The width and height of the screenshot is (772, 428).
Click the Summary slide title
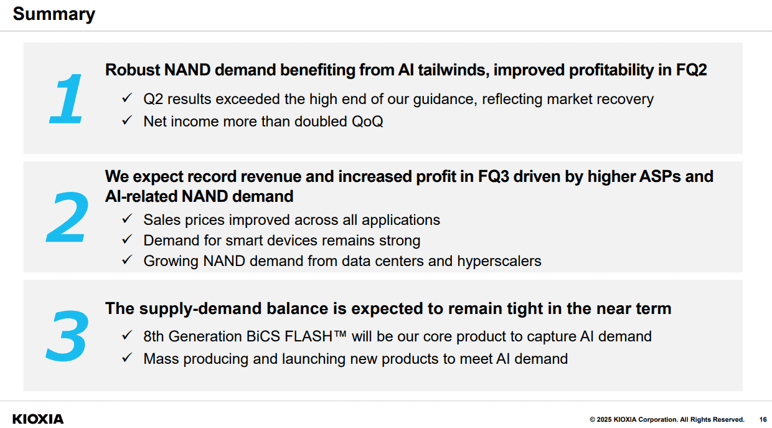coord(54,15)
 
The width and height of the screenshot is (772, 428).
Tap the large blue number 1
coord(67,99)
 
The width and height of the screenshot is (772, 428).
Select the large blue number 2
coord(67,217)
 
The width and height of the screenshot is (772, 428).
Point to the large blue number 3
coord(67,336)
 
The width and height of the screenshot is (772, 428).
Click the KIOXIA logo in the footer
coord(38,419)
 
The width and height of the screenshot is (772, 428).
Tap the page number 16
coord(763,420)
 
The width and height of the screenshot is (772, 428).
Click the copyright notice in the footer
coord(667,420)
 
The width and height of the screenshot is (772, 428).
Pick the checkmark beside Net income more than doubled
coord(127,120)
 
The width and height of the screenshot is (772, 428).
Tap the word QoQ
coord(367,121)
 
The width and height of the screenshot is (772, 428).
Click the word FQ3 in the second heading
coord(494,176)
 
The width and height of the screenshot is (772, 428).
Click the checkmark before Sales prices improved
coord(127,219)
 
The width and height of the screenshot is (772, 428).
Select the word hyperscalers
coord(499,262)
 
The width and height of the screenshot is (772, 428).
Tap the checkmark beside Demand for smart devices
coord(127,239)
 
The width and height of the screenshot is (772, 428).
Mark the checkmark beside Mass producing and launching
coord(127,358)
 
